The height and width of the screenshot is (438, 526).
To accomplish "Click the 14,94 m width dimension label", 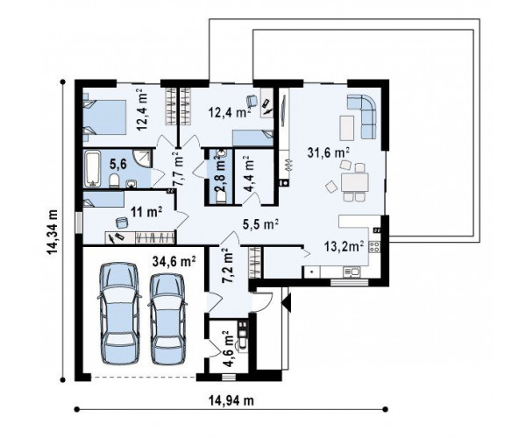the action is point(231,400).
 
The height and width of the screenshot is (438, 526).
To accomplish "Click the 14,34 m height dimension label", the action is point(52,232).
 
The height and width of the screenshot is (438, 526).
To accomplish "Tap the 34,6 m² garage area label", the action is point(174,261).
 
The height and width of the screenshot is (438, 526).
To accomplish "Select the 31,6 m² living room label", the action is point(329,152).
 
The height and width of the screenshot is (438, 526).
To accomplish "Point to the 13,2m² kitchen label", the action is point(345,246).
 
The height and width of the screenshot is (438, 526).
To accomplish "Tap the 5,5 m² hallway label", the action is point(260,224).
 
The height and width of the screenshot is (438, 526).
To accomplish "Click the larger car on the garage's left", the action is point(119,314).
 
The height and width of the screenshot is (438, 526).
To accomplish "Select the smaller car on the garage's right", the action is point(167,319).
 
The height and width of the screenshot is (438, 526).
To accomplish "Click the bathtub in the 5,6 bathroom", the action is point(93,168).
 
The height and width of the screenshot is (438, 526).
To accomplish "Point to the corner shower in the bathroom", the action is point(142,159).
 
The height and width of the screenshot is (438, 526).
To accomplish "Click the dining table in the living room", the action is point(354,182).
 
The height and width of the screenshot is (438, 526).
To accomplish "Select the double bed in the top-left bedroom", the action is point(104,117).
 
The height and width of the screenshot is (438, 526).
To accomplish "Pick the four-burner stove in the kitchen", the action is point(374,247).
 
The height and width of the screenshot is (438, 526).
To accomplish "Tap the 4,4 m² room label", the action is point(249,173).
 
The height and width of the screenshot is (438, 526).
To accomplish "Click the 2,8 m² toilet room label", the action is point(220,175).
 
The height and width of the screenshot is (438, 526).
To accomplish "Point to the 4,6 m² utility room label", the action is point(229,349).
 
